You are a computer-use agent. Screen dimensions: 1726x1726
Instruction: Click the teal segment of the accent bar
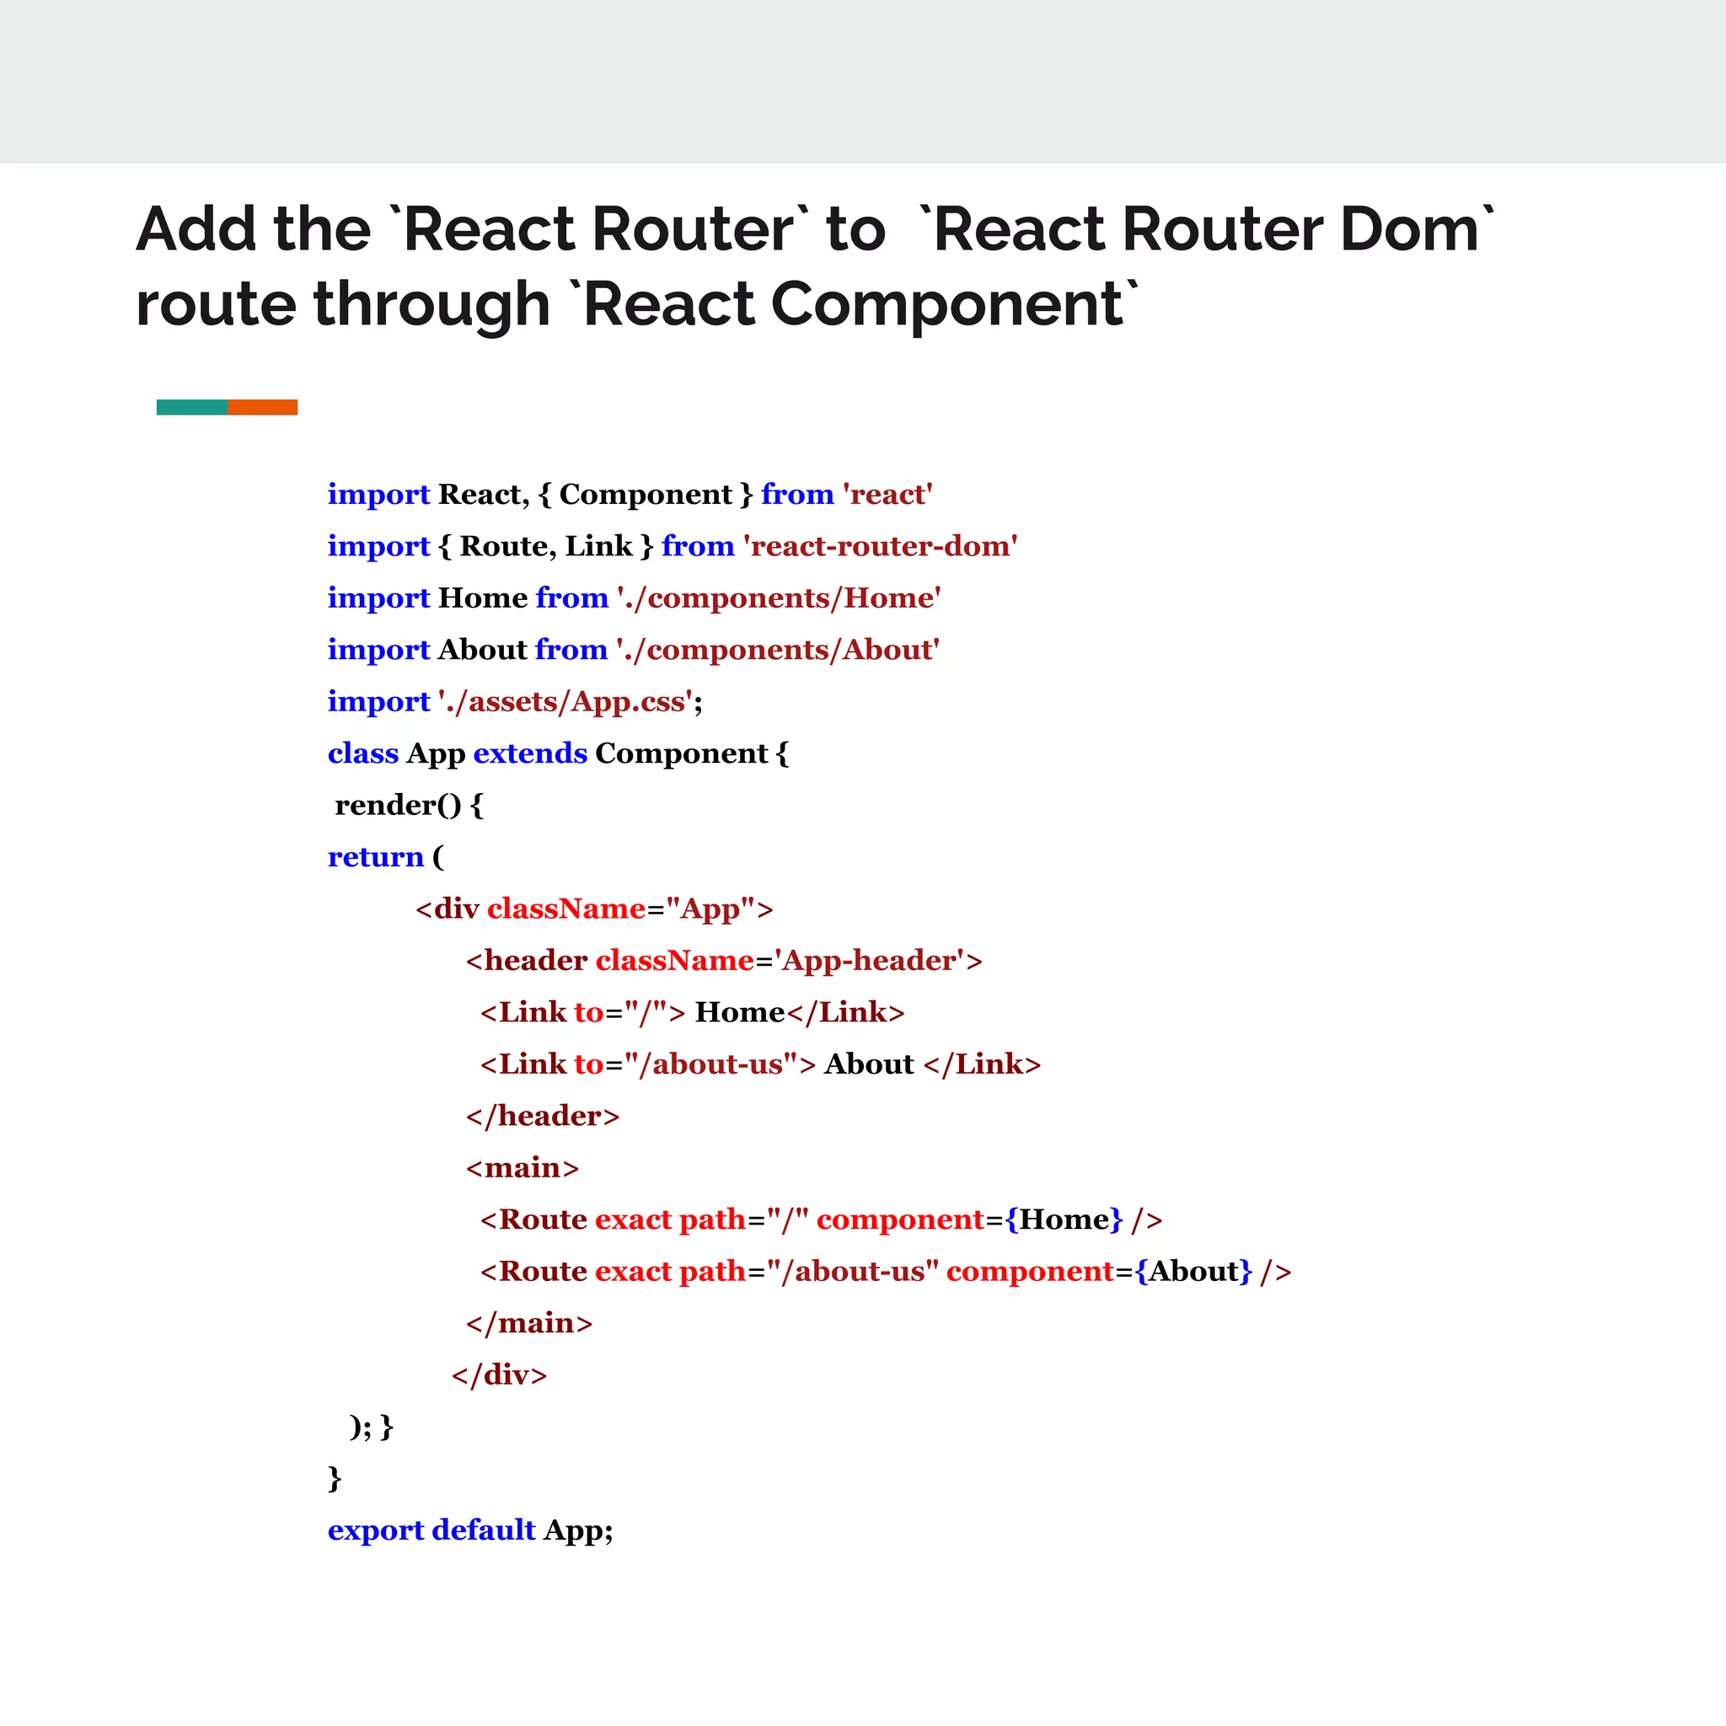[192, 407]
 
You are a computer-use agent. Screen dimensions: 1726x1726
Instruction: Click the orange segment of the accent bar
[263, 407]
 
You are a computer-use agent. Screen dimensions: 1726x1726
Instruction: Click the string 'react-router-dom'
[880, 546]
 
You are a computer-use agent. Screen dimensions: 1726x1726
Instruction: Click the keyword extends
[530, 753]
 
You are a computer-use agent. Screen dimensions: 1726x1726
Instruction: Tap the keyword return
[375, 857]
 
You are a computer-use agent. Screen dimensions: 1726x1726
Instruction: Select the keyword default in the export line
[483, 1530]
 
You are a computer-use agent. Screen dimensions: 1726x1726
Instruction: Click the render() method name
[398, 805]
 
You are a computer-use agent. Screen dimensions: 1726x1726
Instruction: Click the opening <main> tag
[523, 1167]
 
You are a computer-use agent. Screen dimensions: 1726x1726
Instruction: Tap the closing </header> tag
[542, 1116]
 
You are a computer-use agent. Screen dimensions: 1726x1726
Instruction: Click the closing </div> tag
[500, 1375]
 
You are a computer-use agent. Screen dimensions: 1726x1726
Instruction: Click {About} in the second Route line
[1193, 1271]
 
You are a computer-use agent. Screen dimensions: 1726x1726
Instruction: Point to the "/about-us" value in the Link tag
[710, 1064]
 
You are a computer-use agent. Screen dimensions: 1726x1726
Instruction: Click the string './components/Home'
[778, 598]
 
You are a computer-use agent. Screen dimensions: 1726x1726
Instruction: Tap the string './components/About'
[777, 650]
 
